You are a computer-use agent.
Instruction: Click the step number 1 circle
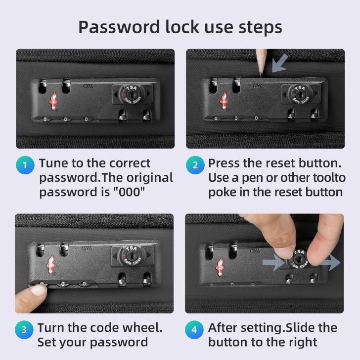click(25, 165)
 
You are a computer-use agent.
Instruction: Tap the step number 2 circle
click(195, 165)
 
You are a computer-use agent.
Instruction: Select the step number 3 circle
click(24, 329)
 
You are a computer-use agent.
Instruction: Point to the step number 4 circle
click(194, 329)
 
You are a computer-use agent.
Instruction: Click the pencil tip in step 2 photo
click(261, 74)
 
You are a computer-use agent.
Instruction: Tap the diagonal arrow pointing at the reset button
click(280, 63)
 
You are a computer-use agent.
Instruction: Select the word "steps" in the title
click(260, 28)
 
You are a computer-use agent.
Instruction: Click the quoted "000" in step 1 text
click(129, 192)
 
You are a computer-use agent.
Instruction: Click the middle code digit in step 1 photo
click(65, 119)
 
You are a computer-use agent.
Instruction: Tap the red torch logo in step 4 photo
click(220, 267)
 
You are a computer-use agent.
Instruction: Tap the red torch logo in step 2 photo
click(224, 101)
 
